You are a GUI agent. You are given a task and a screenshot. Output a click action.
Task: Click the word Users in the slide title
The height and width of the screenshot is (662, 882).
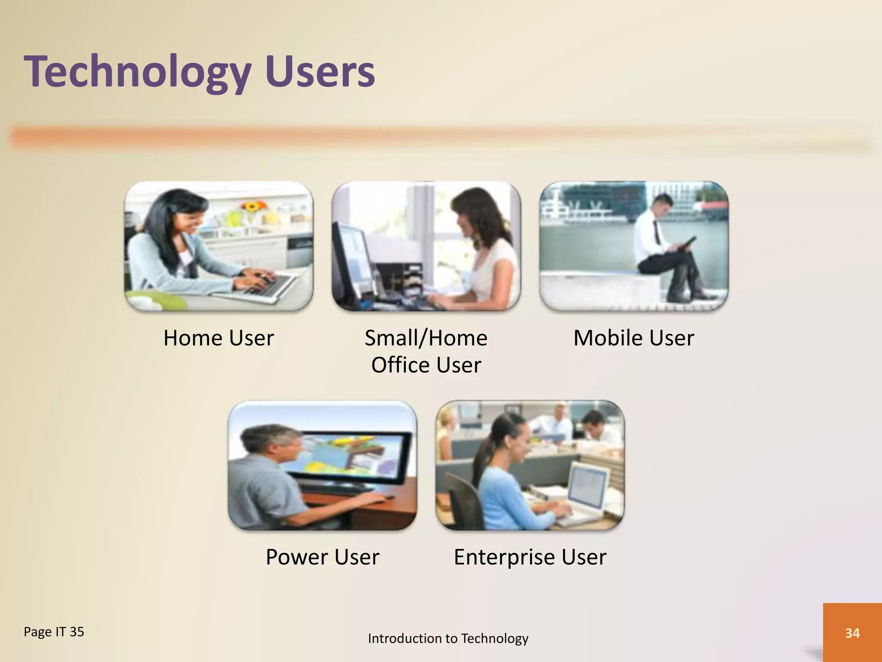click(320, 72)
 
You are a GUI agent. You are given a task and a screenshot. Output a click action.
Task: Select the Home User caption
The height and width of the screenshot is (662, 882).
click(218, 338)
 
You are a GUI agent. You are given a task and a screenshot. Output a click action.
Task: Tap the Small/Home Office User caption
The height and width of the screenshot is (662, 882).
click(426, 351)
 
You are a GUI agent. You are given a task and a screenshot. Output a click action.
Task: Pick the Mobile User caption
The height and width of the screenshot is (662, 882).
click(634, 338)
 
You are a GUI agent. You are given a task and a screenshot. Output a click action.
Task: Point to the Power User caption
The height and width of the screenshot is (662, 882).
click(322, 557)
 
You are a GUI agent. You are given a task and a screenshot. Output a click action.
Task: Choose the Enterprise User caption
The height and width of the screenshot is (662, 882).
click(530, 557)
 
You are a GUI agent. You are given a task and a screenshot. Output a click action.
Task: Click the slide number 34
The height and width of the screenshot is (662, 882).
click(852, 633)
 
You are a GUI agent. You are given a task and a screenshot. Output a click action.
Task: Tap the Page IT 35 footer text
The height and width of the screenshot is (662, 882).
click(54, 632)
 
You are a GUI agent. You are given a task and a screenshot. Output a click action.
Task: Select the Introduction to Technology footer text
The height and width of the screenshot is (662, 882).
click(448, 638)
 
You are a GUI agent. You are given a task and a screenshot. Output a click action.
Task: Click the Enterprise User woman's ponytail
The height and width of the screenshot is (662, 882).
click(482, 453)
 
